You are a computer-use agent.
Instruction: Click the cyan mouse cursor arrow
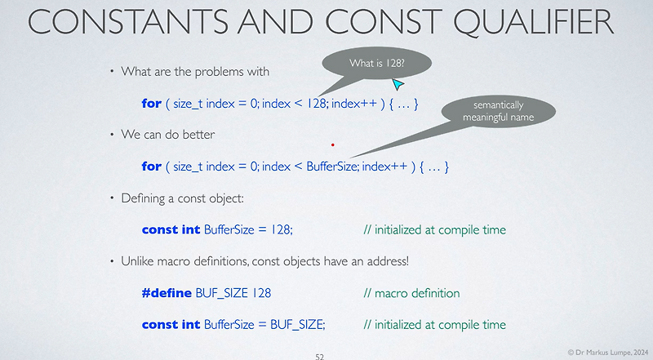point(398,83)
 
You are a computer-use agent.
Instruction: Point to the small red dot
point(332,144)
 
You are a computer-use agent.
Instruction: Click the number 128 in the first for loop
point(319,104)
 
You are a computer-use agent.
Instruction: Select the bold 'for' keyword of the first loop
point(151,104)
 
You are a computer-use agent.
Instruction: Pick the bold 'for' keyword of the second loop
point(151,167)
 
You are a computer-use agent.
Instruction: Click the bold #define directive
point(167,293)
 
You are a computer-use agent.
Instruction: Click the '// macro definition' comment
point(411,293)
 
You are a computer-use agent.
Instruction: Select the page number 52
point(320,356)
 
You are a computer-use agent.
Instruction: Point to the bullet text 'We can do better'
point(168,135)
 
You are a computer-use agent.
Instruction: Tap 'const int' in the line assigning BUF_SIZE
point(171,324)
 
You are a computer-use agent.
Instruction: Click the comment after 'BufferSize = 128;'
point(434,229)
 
